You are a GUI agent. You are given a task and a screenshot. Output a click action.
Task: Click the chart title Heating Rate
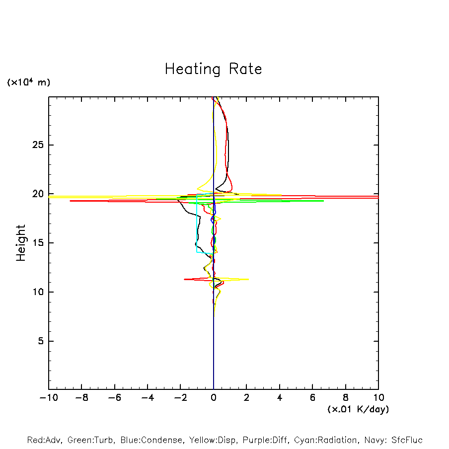click(213, 69)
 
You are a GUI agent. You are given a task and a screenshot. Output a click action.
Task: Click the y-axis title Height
click(21, 243)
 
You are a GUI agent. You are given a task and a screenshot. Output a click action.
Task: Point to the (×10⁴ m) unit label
click(28, 82)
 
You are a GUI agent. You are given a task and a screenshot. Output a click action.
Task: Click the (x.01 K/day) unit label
click(358, 409)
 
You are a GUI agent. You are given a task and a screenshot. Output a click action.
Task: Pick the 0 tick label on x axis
click(214, 397)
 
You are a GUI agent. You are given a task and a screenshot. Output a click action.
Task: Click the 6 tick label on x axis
click(312, 397)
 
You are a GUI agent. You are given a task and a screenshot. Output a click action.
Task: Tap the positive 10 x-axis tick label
click(378, 397)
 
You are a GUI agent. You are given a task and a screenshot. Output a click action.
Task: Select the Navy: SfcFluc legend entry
click(392, 440)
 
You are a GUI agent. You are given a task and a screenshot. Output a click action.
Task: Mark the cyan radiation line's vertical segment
click(197, 224)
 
